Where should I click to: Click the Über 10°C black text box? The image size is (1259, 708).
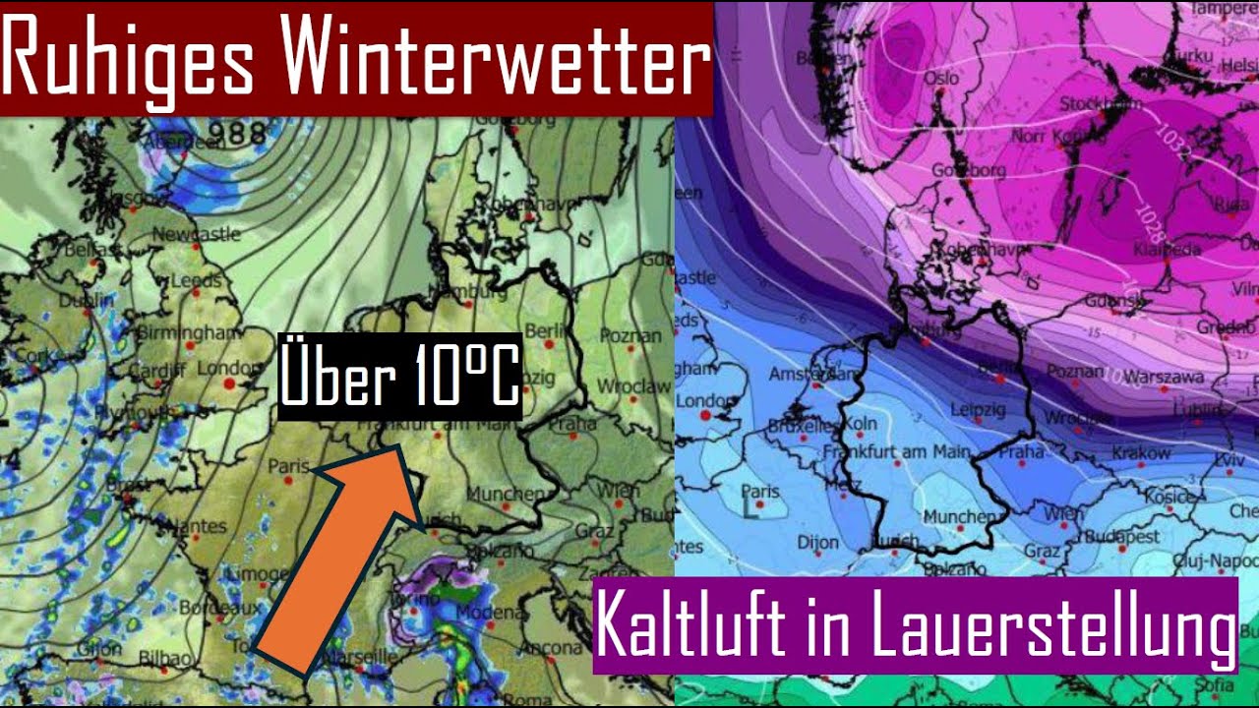398,377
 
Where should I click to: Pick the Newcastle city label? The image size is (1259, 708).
197,235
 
